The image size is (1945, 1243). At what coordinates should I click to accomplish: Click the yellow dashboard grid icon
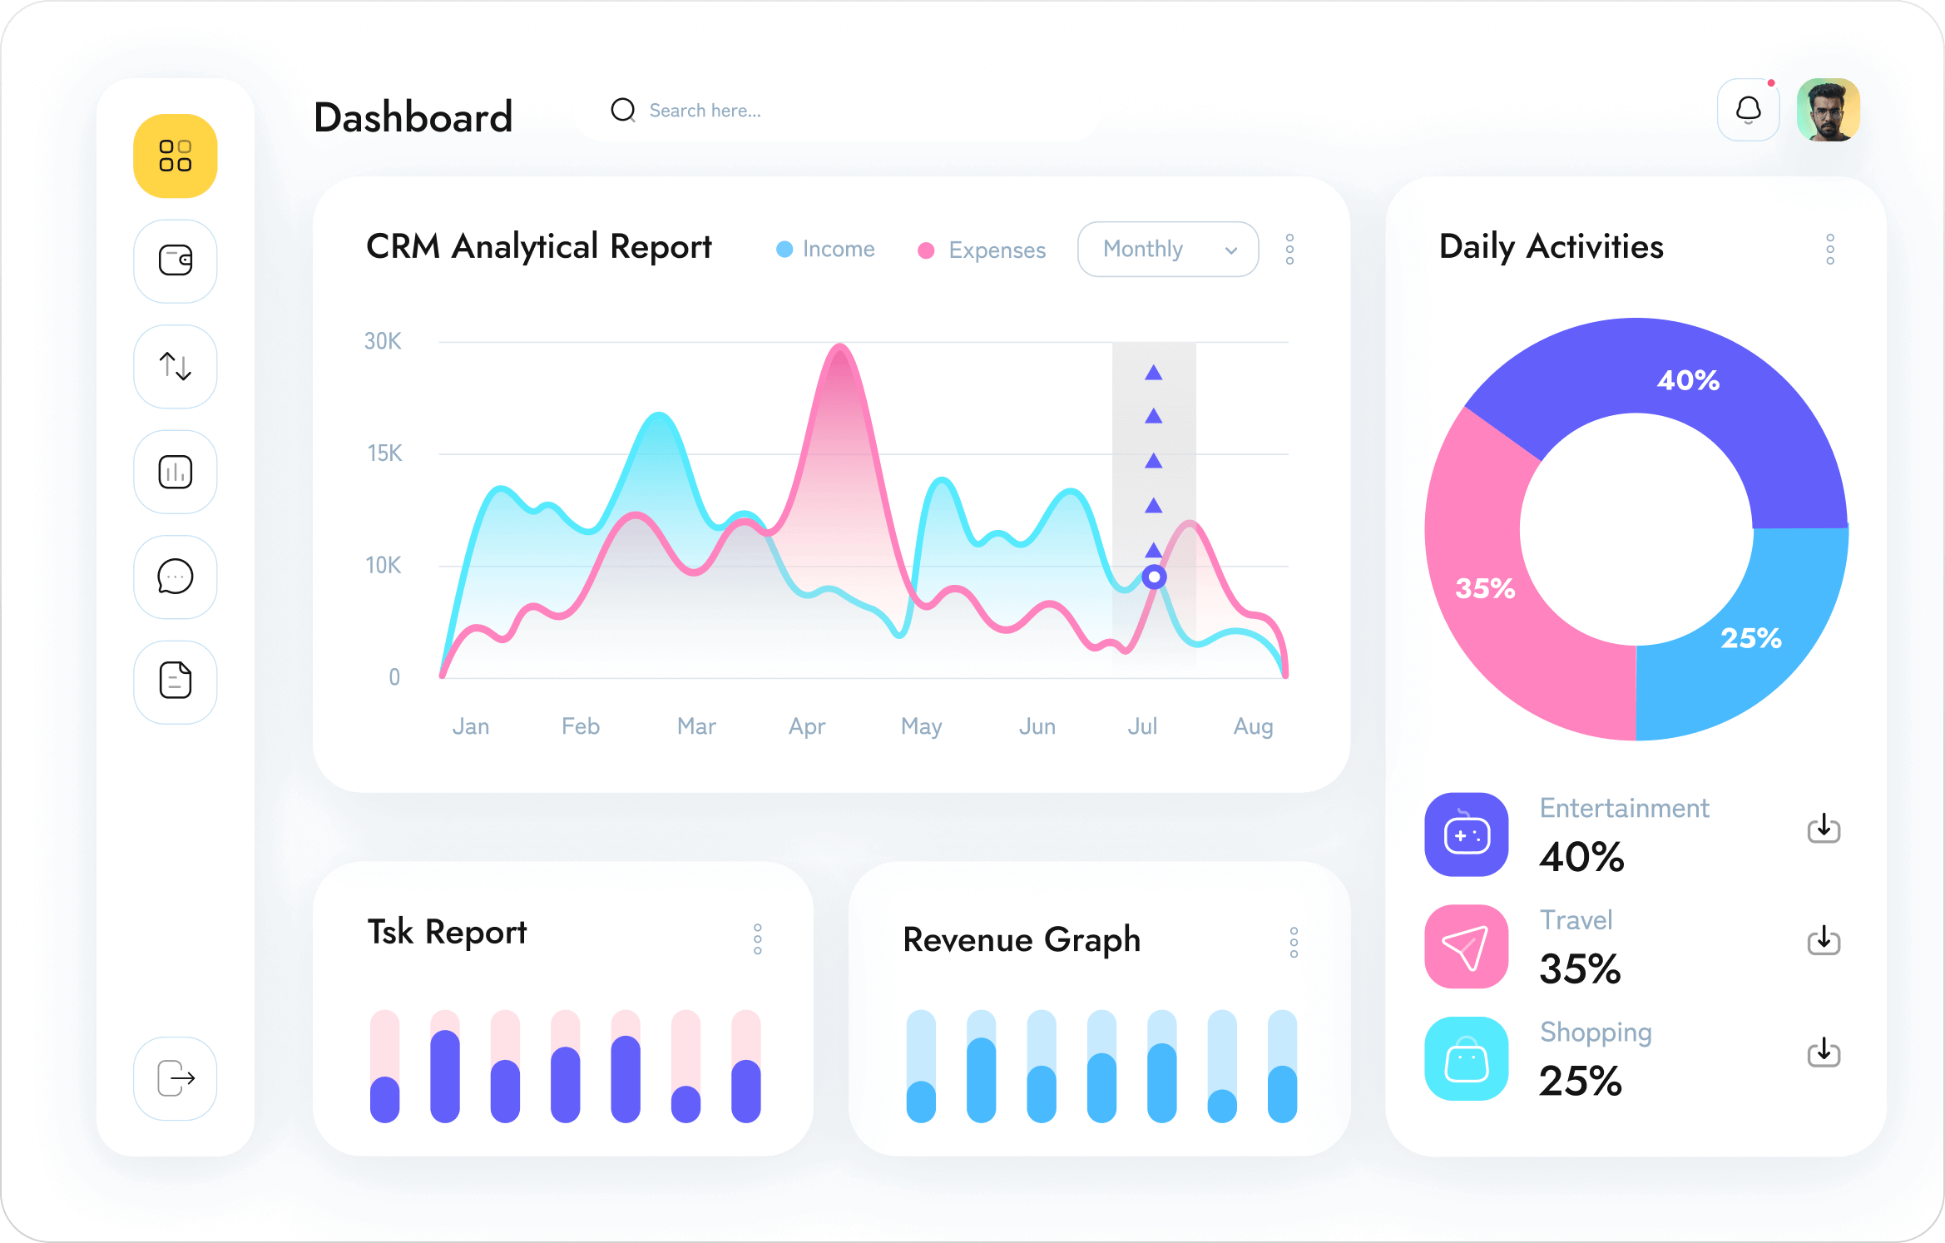tap(176, 156)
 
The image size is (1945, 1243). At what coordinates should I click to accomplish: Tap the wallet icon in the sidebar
tap(176, 260)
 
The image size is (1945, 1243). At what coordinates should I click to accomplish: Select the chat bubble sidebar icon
tap(176, 577)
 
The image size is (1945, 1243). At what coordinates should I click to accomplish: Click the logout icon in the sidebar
tap(176, 1078)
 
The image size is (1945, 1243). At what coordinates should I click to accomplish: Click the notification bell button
tap(1749, 110)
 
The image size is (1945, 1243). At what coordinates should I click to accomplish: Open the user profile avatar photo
tap(1828, 110)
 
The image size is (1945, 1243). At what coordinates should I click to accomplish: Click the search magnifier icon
tap(622, 110)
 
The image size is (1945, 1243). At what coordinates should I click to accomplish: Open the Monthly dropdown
tap(1167, 249)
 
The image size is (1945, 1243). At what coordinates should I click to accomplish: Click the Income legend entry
tap(825, 249)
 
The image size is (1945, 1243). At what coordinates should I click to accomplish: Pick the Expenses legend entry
tap(982, 250)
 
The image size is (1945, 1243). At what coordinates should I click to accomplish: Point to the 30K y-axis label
tap(383, 341)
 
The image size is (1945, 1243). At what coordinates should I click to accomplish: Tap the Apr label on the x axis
tap(807, 726)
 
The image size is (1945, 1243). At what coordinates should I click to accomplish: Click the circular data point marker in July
tap(1154, 577)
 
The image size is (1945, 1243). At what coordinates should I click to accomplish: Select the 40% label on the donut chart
tap(1688, 380)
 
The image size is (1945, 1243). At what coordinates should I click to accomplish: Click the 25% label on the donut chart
tap(1751, 638)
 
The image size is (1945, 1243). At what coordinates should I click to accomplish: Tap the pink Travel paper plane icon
tap(1466, 947)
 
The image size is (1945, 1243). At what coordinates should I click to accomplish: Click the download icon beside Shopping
tap(1824, 1052)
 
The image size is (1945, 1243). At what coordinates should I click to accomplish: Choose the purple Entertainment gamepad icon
tap(1466, 834)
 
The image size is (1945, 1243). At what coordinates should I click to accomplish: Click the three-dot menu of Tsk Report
tap(758, 938)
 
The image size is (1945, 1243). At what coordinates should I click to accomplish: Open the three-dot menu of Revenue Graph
tap(1294, 942)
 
